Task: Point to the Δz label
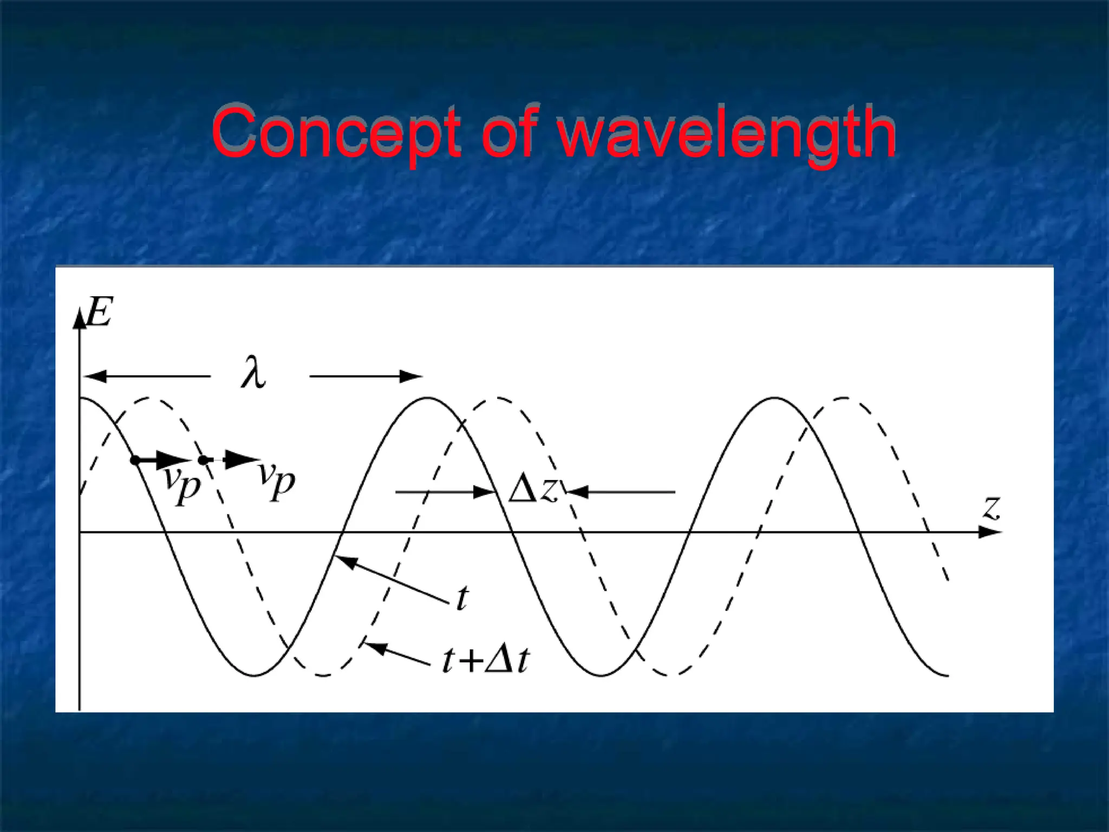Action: pyautogui.click(x=533, y=490)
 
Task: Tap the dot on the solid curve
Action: pyautogui.click(x=135, y=460)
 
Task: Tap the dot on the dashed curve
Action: pyautogui.click(x=203, y=460)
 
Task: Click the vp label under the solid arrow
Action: pyautogui.click(x=182, y=483)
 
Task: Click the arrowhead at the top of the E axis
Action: pyautogui.click(x=80, y=318)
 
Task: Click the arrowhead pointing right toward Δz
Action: pyautogui.click(x=484, y=492)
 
